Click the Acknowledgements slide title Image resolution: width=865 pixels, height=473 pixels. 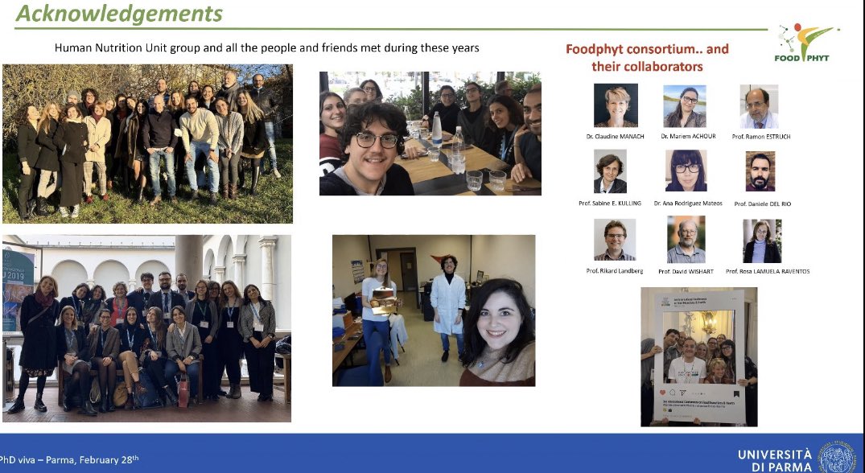click(x=119, y=14)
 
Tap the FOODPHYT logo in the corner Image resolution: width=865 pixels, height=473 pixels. click(x=806, y=43)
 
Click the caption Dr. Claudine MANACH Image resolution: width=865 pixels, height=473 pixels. click(x=616, y=137)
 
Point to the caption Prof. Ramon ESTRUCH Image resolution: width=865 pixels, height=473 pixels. click(x=761, y=137)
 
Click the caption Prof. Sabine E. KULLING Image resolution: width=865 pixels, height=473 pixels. click(x=610, y=204)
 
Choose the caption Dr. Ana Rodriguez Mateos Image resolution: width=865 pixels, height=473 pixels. click(x=687, y=204)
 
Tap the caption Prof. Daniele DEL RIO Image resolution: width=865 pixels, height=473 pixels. click(x=762, y=204)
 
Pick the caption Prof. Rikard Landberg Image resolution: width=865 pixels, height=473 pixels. click(x=615, y=271)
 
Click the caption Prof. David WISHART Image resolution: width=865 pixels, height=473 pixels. click(x=686, y=271)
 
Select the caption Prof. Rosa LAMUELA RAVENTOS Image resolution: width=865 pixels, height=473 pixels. click(x=767, y=271)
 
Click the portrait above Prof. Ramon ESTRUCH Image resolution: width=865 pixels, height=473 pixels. click(x=759, y=106)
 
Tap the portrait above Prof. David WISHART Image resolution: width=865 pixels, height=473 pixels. click(x=686, y=240)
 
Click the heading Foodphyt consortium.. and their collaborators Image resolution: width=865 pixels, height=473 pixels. click(x=647, y=57)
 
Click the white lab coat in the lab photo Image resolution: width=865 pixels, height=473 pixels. click(x=447, y=302)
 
